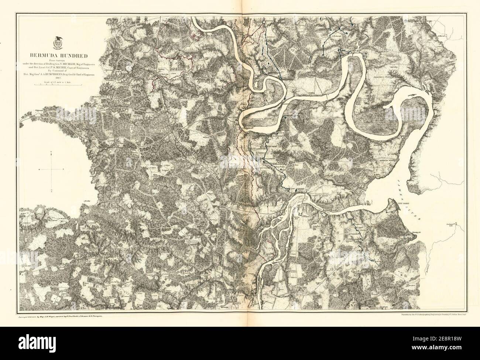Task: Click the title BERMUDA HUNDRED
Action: (x=59, y=56)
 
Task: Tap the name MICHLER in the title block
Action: (x=70, y=64)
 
